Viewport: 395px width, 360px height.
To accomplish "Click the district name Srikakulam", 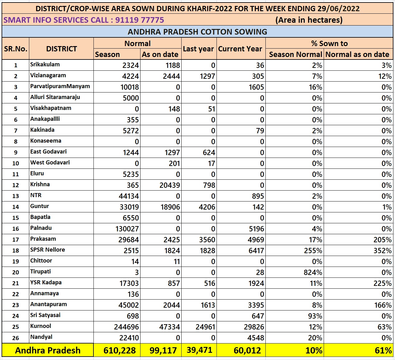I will point(45,64).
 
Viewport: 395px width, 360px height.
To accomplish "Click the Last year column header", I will point(198,49).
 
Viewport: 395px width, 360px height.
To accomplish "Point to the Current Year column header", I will point(240,49).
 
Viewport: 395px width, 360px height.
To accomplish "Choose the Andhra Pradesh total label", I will point(48,350).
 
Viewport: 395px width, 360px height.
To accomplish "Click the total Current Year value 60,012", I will point(247,350).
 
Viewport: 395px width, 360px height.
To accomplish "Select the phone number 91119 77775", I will point(140,20).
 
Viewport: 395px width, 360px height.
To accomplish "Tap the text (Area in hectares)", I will point(309,20).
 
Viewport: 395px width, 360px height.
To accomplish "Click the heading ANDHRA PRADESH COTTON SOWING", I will point(197,32).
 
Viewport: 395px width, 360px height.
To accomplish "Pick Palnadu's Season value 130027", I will point(127,229).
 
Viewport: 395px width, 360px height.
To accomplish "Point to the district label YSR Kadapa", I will point(46,282).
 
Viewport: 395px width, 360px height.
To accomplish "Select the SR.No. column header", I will point(16,49).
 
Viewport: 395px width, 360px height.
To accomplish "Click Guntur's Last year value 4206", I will point(207,207).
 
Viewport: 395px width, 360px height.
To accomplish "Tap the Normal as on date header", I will point(357,54).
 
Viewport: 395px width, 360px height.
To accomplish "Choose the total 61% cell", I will point(383,350).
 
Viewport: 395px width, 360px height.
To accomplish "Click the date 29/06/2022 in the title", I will point(340,8).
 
